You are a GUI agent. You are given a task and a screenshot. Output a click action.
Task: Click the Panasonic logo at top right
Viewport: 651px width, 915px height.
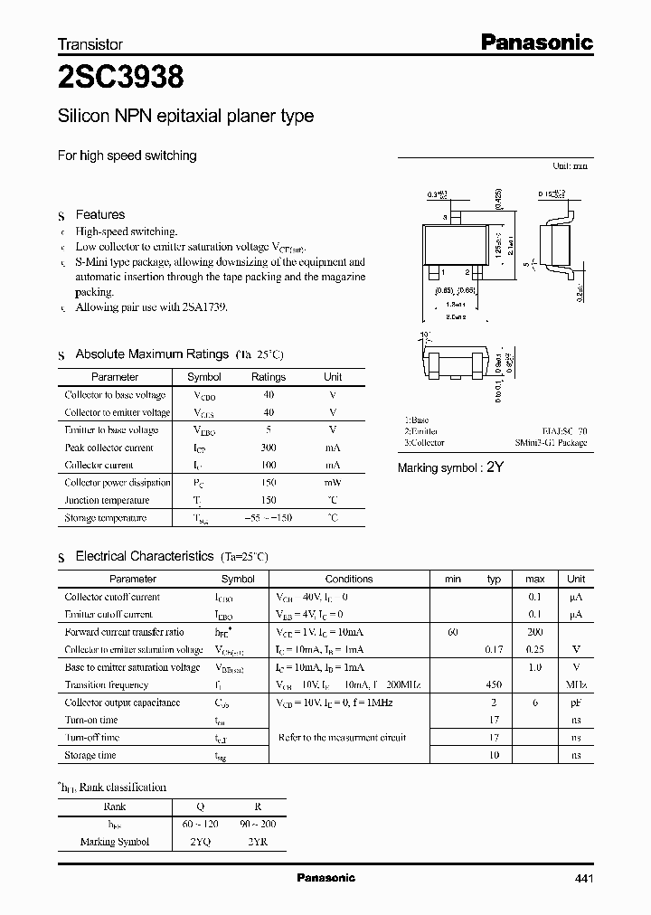(536, 42)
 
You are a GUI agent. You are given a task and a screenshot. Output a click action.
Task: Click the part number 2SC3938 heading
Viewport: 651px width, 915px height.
(120, 79)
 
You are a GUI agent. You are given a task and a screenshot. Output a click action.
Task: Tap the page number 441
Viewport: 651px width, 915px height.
(582, 878)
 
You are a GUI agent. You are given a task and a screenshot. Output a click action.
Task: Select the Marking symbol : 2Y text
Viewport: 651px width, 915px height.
(449, 467)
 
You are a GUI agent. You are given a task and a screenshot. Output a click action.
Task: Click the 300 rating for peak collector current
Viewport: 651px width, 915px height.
(268, 448)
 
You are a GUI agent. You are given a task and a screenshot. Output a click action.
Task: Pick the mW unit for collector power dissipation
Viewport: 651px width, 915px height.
(333, 483)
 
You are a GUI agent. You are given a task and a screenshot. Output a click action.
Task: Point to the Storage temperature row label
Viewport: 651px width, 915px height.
(105, 518)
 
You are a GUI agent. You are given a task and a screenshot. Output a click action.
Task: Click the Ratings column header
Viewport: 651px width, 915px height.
(268, 377)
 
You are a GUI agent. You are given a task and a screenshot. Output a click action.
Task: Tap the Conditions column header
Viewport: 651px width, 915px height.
(348, 579)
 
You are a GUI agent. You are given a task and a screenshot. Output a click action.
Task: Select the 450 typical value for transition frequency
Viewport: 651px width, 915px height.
(494, 684)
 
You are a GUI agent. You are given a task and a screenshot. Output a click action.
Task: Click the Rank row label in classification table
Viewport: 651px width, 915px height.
(115, 806)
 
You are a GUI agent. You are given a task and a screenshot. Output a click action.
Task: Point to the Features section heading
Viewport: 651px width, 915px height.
(99, 214)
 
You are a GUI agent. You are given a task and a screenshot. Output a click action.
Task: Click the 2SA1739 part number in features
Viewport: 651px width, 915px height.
(203, 307)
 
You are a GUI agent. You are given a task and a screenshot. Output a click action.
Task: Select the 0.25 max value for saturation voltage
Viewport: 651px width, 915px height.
(534, 649)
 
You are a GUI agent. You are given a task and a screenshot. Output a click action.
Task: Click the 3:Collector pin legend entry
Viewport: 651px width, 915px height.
(424, 443)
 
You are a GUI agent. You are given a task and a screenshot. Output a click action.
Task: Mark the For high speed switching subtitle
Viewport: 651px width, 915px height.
(127, 156)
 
